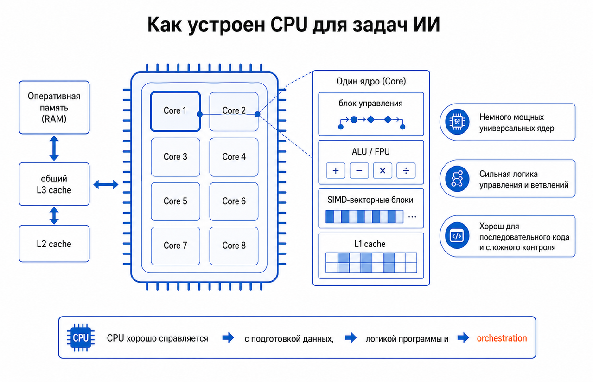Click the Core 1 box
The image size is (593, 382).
point(175,111)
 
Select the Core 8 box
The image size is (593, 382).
point(234,246)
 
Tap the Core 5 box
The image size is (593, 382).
point(175,201)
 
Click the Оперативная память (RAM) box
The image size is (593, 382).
point(54,107)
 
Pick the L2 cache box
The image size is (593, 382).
point(54,244)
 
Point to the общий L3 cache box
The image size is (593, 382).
point(54,184)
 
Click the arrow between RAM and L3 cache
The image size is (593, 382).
point(54,148)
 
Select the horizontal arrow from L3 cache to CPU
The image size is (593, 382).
point(106,184)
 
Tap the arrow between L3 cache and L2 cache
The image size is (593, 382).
point(54,215)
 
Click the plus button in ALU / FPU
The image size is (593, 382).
point(336,170)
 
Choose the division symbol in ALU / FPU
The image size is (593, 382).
point(406,170)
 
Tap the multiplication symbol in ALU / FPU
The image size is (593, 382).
point(383,170)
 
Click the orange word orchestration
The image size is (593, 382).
point(502,338)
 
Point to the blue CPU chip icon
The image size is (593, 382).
point(81,337)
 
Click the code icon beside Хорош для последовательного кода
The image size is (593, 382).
point(457,236)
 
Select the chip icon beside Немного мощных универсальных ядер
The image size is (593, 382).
point(457,122)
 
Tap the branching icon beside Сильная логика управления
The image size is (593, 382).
point(457,179)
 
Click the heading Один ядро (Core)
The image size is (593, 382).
point(371,81)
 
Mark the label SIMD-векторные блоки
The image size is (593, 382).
point(370,200)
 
